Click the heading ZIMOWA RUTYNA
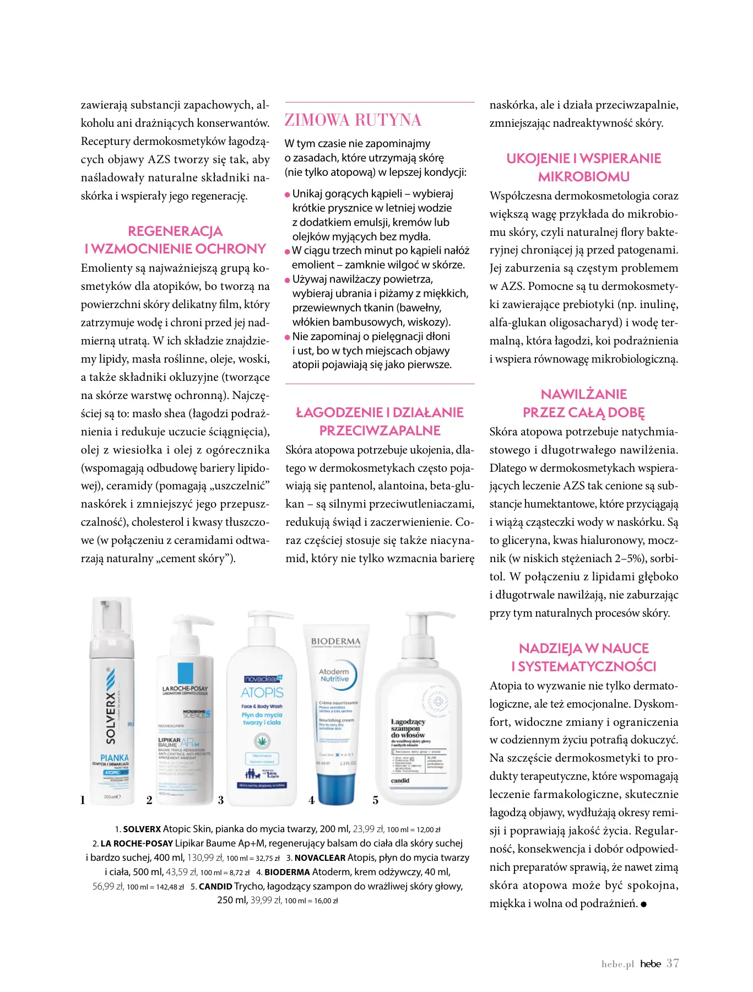(353, 120)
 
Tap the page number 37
(673, 963)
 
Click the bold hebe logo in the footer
(651, 964)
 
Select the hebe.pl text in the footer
(617, 964)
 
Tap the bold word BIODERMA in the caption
(287, 872)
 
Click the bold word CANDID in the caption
(215, 886)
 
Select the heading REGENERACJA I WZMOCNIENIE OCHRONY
(175, 240)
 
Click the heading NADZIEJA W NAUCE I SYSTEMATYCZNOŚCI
(584, 657)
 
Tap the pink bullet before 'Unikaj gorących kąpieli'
(288, 195)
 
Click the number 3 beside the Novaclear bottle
(221, 800)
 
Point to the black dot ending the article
(644, 904)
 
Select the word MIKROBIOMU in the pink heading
(584, 177)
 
